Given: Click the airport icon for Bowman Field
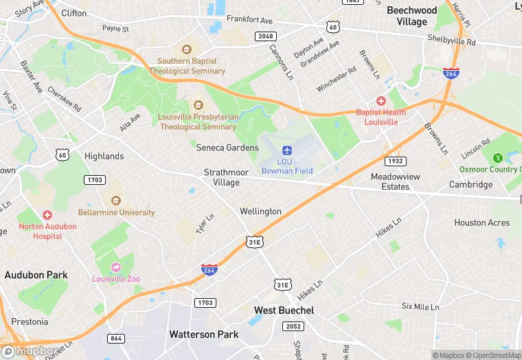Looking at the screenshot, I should [x=287, y=150].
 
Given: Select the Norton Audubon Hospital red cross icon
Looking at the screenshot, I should [x=47, y=215].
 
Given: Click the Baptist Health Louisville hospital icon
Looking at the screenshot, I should [x=381, y=101].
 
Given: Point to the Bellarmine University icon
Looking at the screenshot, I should [x=116, y=201].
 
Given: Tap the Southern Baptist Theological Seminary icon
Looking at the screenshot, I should [x=186, y=49].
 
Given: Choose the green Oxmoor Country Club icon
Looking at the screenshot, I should [x=498, y=158].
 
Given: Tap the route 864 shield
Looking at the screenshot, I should [x=117, y=338].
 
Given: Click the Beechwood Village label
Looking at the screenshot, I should [x=411, y=16].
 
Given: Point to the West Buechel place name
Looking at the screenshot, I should [x=284, y=311].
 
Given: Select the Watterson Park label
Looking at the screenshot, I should [x=204, y=334].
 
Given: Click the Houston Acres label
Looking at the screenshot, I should [x=481, y=223].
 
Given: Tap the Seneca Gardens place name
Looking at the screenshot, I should [x=227, y=148].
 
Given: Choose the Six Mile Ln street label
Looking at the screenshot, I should [x=420, y=306].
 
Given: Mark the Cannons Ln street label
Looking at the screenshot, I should [x=281, y=63].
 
